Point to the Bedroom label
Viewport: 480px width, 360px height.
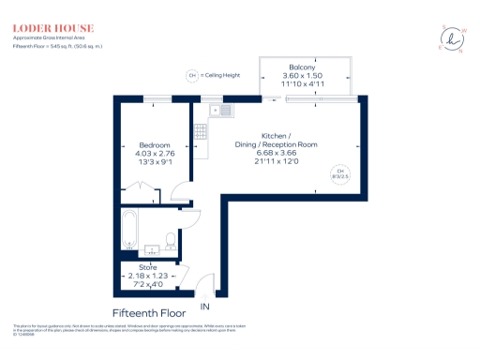[x=154, y=145]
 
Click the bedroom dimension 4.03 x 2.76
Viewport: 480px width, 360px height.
[x=154, y=155]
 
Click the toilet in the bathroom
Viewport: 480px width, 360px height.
[x=170, y=237]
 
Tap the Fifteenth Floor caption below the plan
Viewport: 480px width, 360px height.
[x=148, y=311]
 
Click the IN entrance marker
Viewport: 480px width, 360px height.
[x=205, y=307]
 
